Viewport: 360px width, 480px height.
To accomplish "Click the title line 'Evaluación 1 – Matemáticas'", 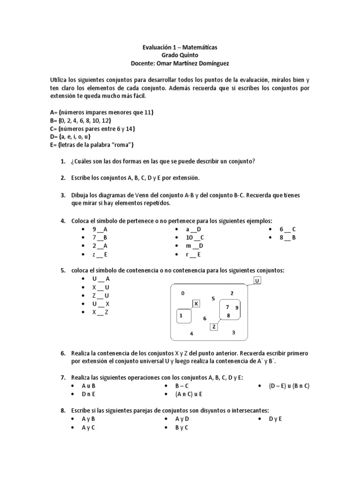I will coord(180,48).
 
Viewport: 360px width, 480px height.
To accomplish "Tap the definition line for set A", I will coord(102,113).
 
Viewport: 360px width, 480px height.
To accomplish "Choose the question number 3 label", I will coord(63,195).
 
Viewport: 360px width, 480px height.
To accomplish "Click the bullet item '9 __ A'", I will coord(100,229).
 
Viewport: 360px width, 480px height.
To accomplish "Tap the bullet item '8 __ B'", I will coord(288,238).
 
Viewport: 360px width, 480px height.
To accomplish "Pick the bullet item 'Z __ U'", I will coord(100,295).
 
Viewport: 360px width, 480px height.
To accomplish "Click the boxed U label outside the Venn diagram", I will coord(257,281).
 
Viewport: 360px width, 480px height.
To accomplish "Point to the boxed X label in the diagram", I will coord(196,304).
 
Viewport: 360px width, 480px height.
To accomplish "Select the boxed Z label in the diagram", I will coord(214,327).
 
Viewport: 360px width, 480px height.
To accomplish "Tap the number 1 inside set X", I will coord(180,316).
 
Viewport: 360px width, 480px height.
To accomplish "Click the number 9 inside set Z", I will coord(237,307).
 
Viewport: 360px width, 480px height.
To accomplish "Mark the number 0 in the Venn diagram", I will coord(182,293).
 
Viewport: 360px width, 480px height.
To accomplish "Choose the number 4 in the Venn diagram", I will coord(191,333).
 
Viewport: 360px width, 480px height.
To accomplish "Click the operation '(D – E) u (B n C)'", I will coord(289,386).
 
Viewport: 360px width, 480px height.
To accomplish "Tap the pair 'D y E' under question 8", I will coord(275,419).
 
